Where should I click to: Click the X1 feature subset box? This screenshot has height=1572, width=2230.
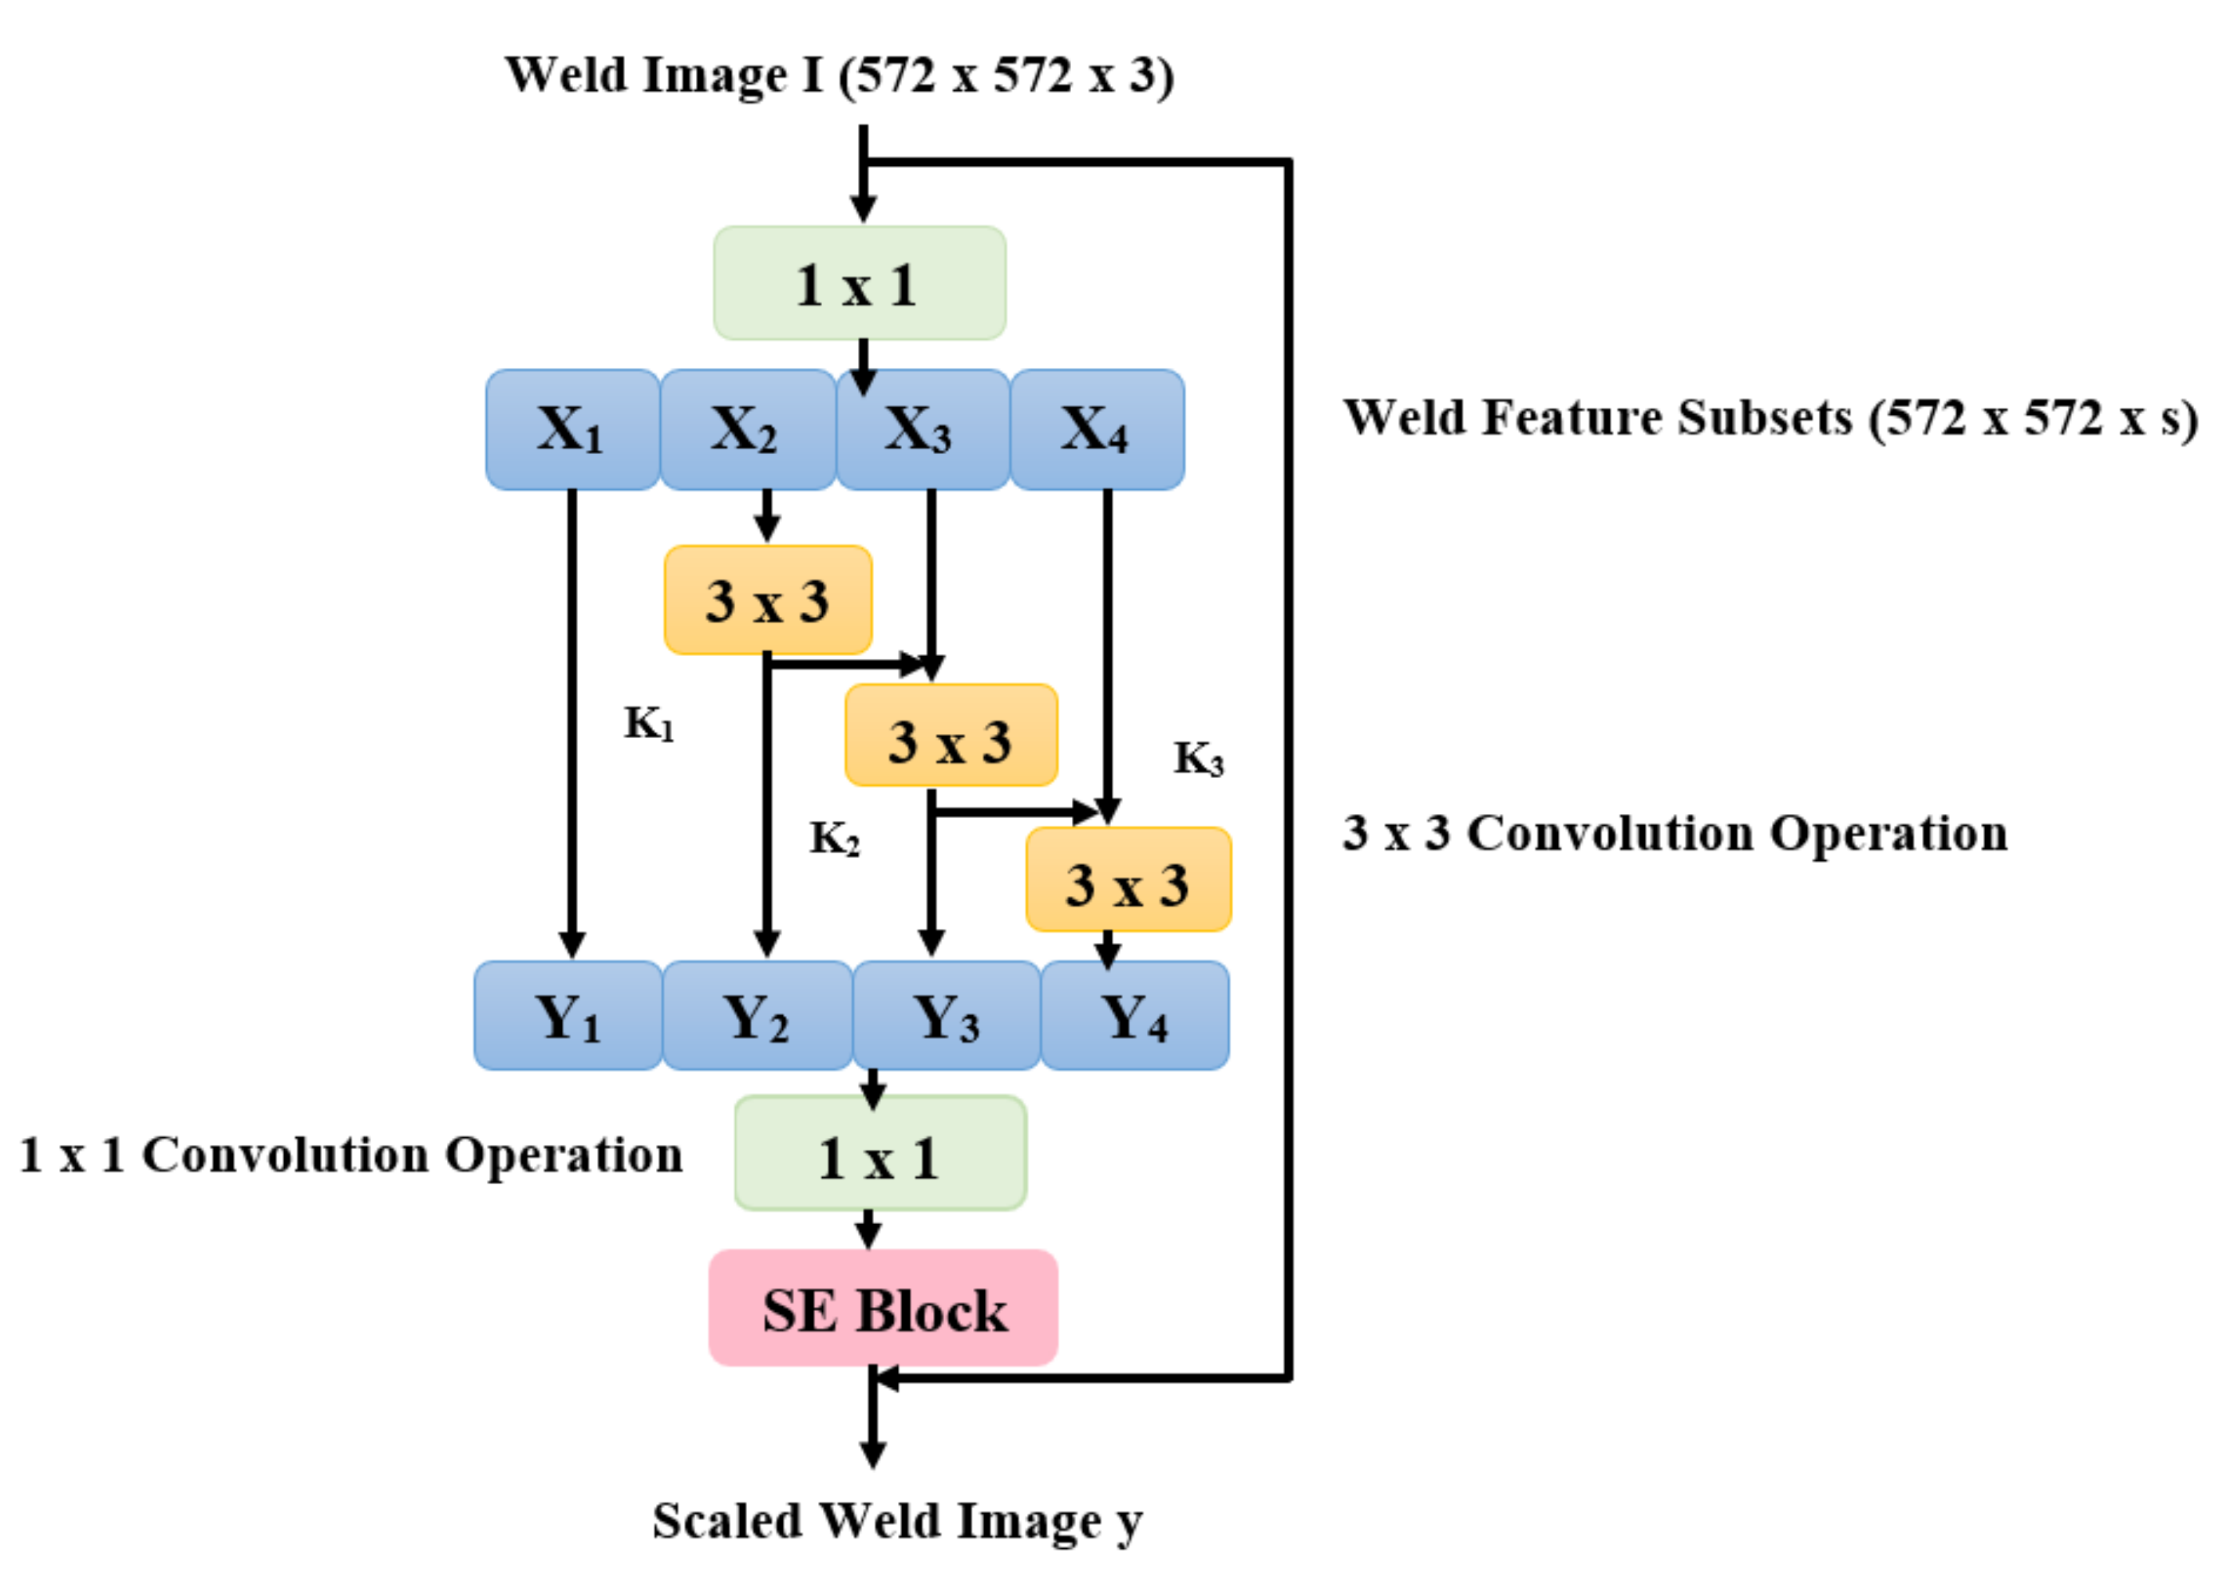(571, 429)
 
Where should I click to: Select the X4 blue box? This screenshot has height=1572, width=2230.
(1097, 429)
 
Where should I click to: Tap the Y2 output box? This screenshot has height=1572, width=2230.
(757, 1016)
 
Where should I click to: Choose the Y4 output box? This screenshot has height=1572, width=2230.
(1134, 1016)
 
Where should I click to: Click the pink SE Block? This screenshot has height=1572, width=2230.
(883, 1308)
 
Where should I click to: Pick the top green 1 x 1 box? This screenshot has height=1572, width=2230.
(859, 283)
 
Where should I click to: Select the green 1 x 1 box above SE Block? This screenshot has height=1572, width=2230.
(880, 1154)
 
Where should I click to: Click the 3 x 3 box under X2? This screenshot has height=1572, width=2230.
(767, 600)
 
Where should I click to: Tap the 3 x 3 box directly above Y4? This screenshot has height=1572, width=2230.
(1129, 879)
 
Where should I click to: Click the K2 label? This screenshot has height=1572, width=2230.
(834, 838)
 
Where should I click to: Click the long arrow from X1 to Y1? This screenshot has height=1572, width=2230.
(572, 718)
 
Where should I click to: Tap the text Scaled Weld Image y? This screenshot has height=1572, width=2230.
(896, 1521)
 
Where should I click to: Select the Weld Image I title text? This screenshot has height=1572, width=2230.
(839, 76)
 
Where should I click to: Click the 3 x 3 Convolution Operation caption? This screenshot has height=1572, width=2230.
(1674, 833)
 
